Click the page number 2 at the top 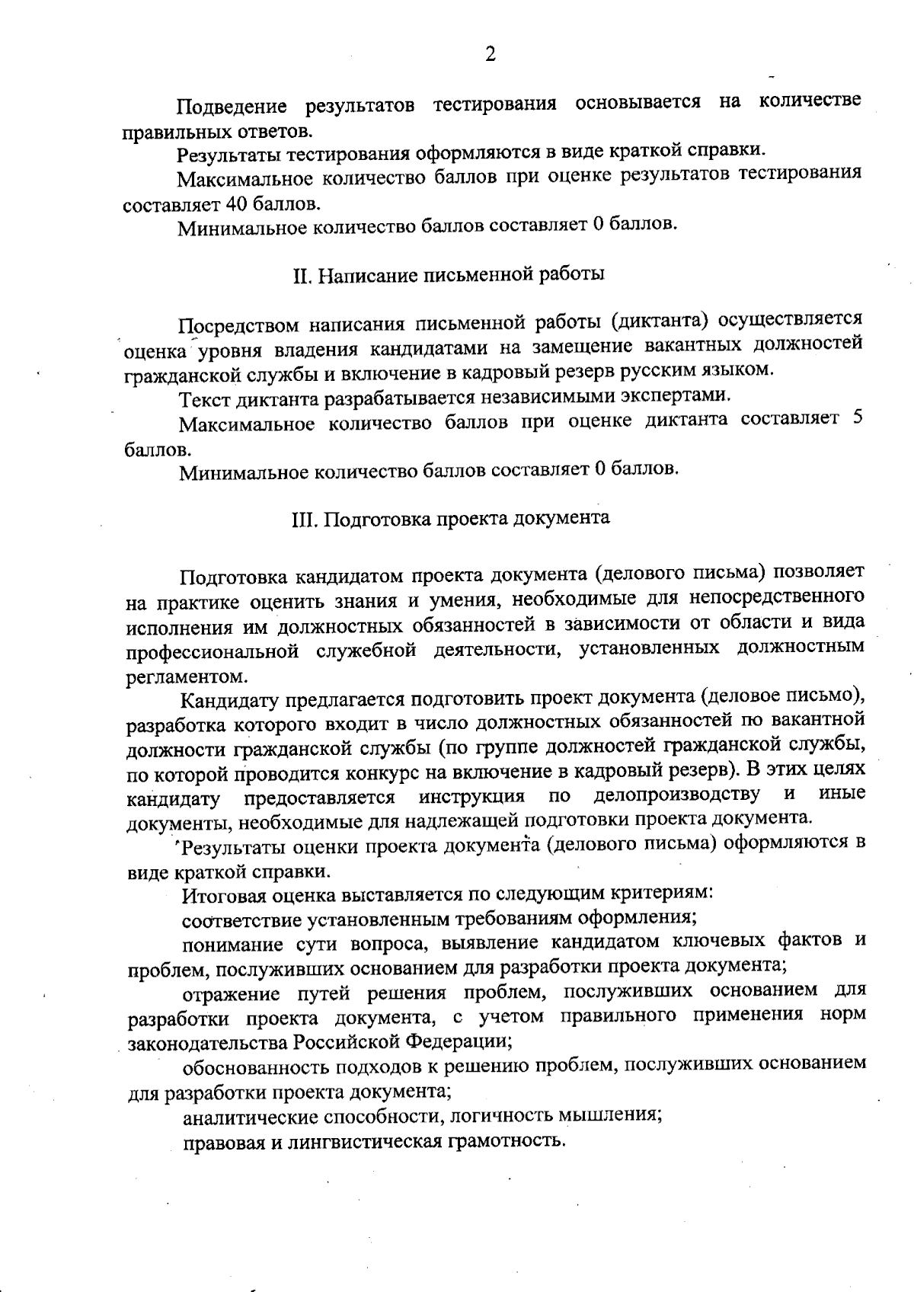(490, 54)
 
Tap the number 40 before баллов (236, 204)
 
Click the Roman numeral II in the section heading (299, 275)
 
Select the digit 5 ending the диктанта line (857, 419)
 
